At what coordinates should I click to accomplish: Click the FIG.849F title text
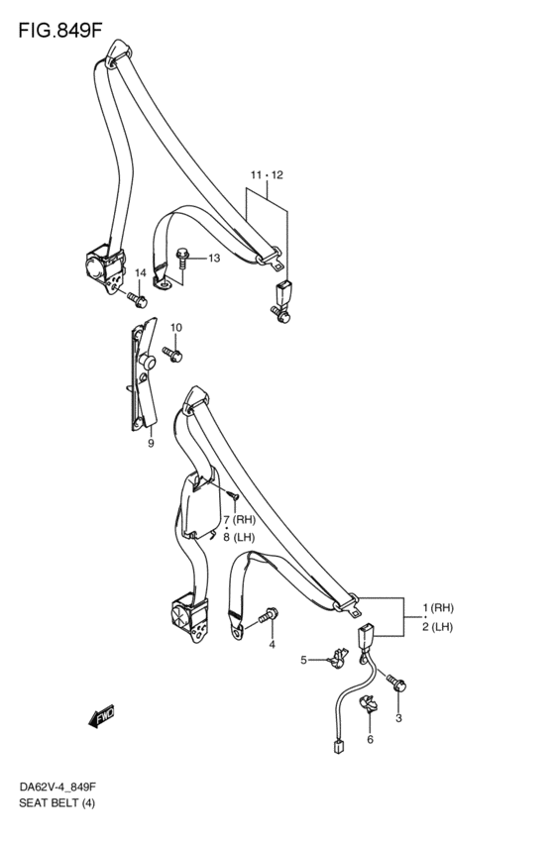60,30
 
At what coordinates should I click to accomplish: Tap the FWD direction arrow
102,715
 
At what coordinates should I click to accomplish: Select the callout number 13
214,259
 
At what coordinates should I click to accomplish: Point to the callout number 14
141,273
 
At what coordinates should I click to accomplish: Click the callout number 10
176,328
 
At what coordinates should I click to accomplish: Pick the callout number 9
151,444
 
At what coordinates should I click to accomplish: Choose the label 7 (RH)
239,519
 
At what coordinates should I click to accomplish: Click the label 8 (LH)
239,537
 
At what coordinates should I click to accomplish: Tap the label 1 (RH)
438,608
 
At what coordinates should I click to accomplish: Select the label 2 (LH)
437,627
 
